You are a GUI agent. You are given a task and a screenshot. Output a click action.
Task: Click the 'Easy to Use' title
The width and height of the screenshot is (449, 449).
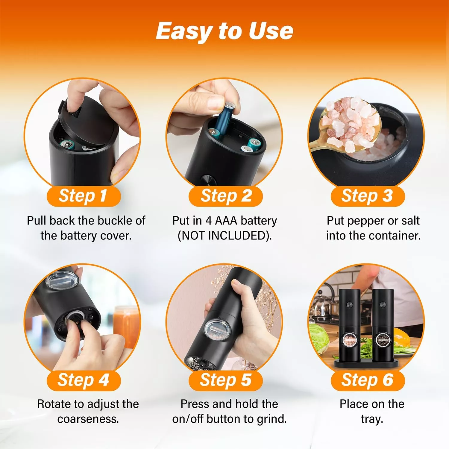click(224, 31)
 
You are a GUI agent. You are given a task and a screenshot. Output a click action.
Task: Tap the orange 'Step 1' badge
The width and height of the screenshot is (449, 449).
click(84, 196)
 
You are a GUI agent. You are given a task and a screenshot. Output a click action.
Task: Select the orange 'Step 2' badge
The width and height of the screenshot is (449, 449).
click(226, 196)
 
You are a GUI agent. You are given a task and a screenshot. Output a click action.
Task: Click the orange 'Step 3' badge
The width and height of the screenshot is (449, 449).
click(368, 196)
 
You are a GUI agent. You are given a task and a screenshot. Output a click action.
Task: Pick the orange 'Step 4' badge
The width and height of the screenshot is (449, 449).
click(84, 380)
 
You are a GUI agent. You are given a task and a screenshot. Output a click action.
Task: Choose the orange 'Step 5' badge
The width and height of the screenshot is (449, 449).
click(226, 380)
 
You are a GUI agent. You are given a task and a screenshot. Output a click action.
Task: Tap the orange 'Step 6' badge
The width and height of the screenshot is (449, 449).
click(368, 380)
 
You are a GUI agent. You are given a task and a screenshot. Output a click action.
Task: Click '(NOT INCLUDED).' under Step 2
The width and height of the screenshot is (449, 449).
click(225, 236)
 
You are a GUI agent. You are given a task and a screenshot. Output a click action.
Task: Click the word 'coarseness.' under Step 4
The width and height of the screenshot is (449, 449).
click(88, 419)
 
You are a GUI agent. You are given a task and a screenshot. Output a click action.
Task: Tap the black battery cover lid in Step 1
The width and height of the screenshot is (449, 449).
click(87, 123)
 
